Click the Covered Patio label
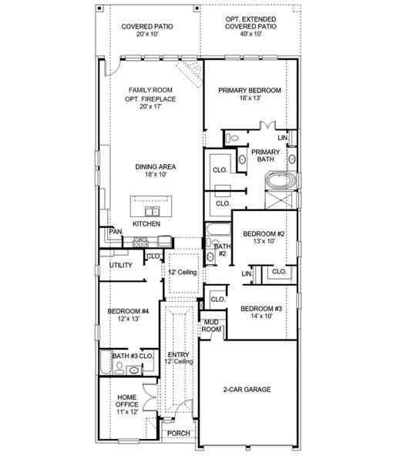[x=146, y=26]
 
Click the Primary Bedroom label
[x=249, y=90]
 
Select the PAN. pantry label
[x=116, y=231]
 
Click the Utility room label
[x=121, y=265]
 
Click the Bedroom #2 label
[x=264, y=234]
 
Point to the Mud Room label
[x=211, y=325]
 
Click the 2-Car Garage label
[x=247, y=390]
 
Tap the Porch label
[x=179, y=434]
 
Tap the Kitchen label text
[x=146, y=223]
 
